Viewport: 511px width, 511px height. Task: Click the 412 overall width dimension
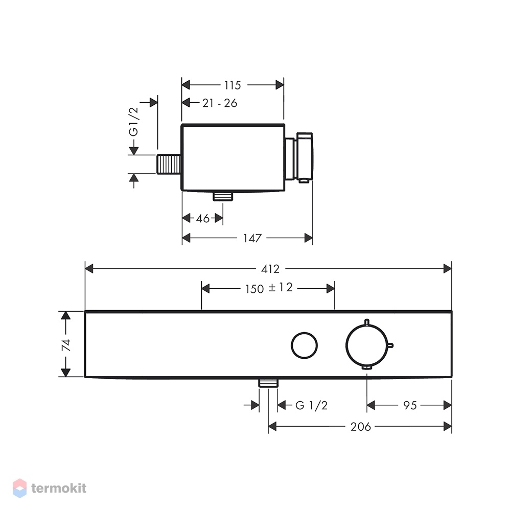270,269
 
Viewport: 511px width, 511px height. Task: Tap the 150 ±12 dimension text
269,288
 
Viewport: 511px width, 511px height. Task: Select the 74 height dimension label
66,345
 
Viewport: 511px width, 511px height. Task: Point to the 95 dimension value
410,405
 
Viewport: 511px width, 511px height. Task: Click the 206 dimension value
360,427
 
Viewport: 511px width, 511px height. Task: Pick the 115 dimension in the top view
233,85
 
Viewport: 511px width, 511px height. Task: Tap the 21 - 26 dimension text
220,103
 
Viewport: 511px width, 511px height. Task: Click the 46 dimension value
203,218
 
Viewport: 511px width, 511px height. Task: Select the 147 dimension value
252,238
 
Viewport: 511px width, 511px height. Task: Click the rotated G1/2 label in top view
133,122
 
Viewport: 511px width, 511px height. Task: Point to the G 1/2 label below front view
311,405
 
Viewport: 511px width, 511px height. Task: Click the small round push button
305,345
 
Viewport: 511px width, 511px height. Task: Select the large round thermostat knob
367,345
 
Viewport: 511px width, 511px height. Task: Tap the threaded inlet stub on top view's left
169,164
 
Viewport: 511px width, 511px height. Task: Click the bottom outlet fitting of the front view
269,383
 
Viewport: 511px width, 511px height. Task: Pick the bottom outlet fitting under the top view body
223,196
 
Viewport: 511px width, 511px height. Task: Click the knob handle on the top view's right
305,157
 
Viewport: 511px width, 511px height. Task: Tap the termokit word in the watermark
59,488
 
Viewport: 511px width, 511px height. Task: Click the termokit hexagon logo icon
19,488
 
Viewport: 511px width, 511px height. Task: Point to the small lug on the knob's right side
390,345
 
